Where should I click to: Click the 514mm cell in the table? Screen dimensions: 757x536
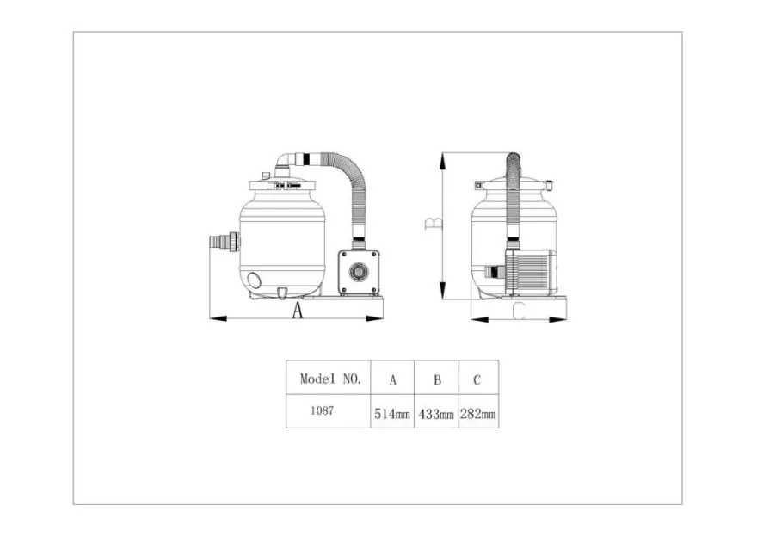392,414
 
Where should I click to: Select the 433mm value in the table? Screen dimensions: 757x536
436,414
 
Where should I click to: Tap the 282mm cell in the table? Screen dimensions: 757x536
478,414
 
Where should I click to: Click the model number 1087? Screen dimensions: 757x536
322,410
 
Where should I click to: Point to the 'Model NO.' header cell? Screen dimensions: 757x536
330,379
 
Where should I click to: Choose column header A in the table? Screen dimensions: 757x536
393,380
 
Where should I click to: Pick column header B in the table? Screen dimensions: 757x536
437,380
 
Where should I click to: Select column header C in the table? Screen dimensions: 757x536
477,380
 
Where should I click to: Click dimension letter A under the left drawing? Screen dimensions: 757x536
298,311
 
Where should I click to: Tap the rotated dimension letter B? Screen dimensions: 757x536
433,223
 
